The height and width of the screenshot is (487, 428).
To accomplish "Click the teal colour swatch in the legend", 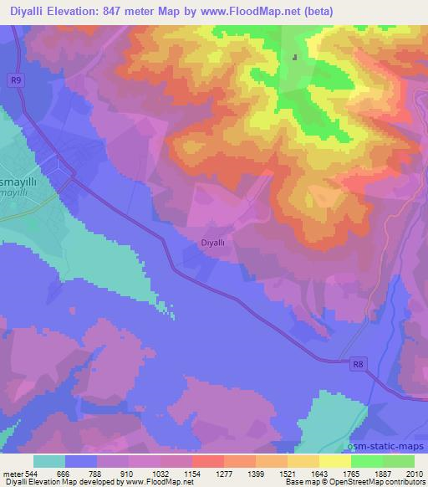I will [48, 462].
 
